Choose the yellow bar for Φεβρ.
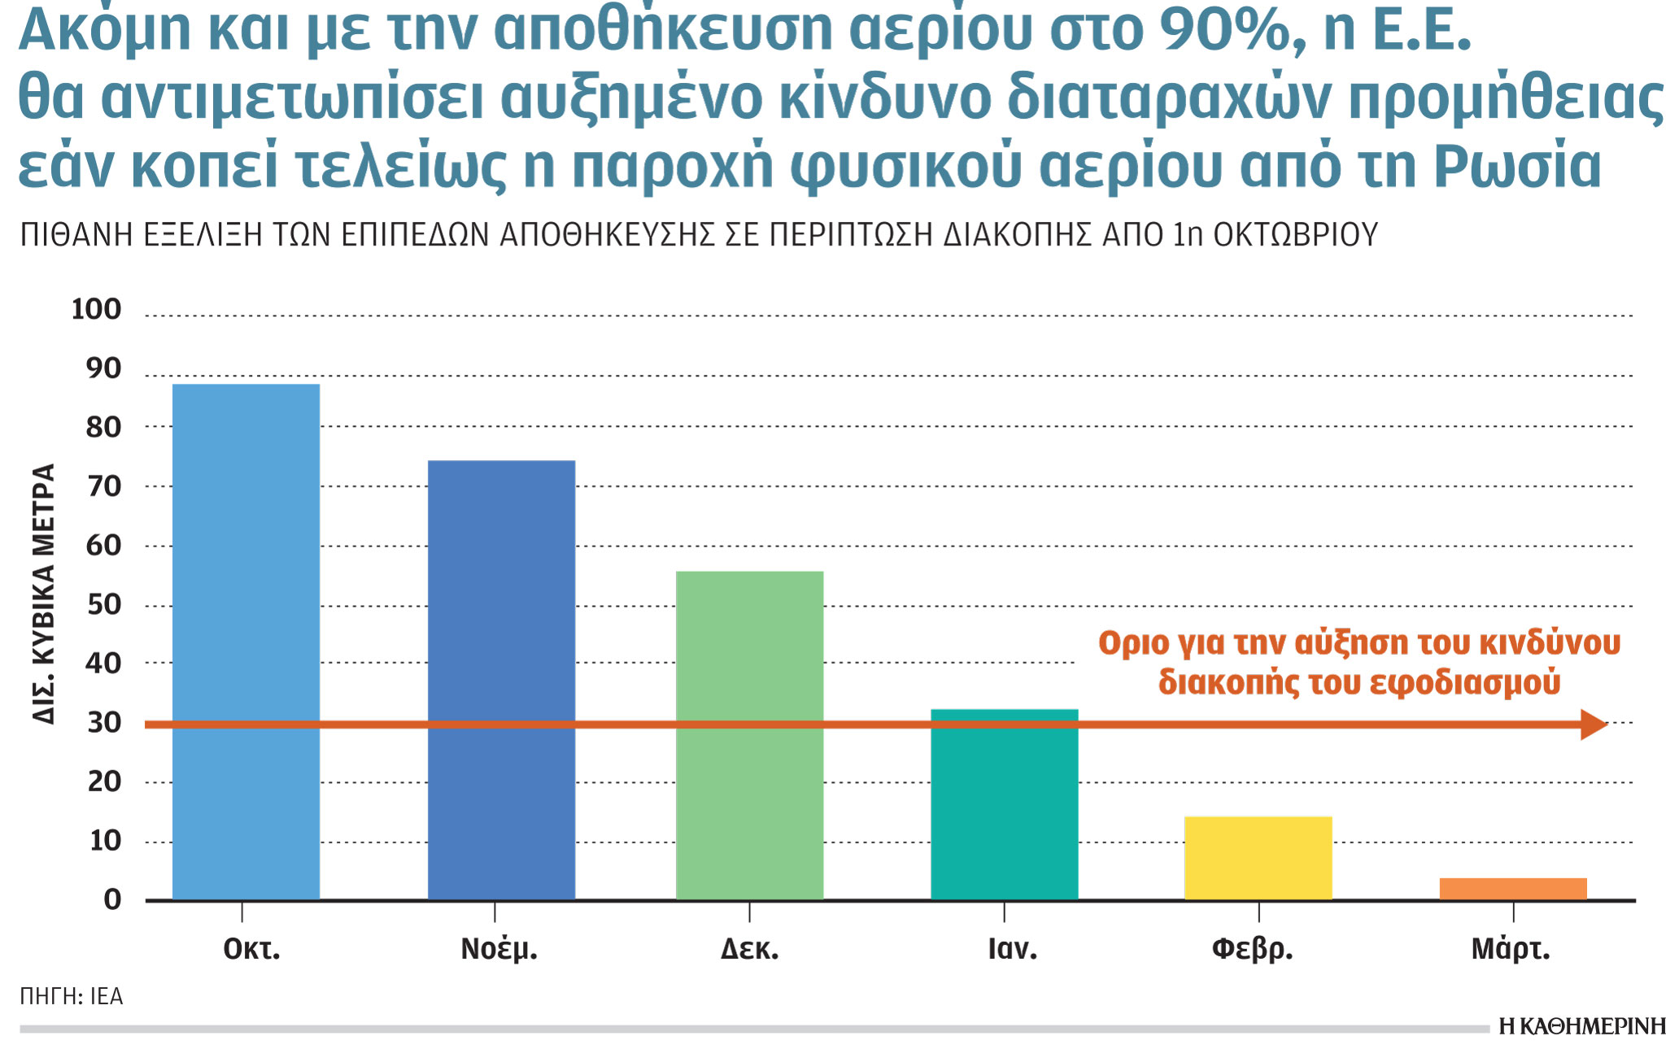[1258, 857]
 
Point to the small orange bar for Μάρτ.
[1512, 888]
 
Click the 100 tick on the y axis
[96, 309]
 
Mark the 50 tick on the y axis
[103, 604]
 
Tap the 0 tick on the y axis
[112, 899]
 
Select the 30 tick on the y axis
[103, 722]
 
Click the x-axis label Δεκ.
[749, 949]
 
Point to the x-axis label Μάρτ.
[1511, 949]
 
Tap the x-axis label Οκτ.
[251, 949]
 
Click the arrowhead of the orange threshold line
[1593, 724]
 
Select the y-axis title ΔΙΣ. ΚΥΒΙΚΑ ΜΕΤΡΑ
[45, 594]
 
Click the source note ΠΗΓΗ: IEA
[72, 996]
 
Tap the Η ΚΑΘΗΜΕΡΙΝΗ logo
[1581, 1026]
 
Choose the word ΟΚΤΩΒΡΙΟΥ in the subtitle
[1295, 235]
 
